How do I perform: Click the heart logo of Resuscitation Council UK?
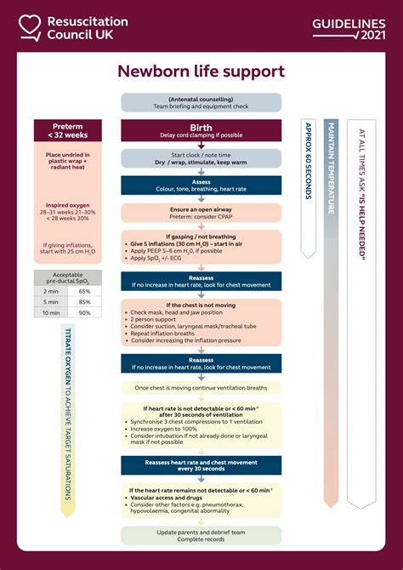[x=31, y=27]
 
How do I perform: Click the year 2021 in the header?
[x=372, y=35]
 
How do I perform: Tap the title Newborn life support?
[x=201, y=73]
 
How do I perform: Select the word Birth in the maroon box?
[x=201, y=126]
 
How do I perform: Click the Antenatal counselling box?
[x=201, y=102]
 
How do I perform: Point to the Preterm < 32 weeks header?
[x=68, y=130]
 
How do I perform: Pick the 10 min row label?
[x=50, y=313]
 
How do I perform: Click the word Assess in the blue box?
[x=201, y=181]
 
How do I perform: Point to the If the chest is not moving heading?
[x=201, y=305]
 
